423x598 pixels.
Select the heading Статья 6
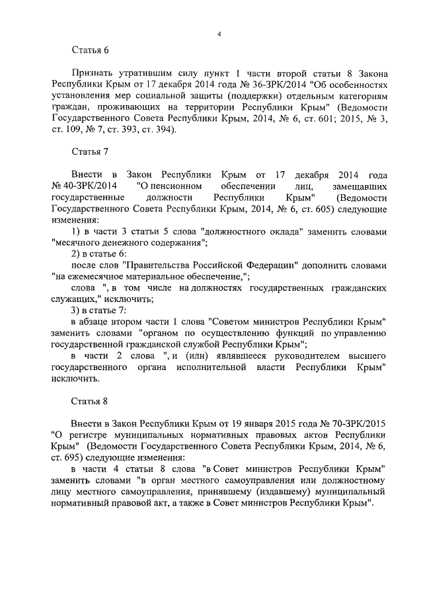point(89,50)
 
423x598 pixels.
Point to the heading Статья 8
point(89,401)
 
